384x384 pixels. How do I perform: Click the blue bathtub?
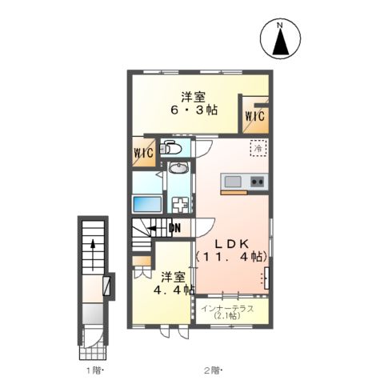[x=148, y=201]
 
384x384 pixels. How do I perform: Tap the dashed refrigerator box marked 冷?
[x=258, y=148]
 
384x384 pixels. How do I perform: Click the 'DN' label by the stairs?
[x=174, y=227]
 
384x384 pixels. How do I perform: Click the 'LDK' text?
[x=231, y=242]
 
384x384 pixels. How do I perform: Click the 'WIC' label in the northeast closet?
[x=255, y=117]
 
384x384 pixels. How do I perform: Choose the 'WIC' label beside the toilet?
[x=144, y=152]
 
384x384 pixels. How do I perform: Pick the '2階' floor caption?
[x=210, y=371]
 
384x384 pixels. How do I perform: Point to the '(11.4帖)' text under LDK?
[x=231, y=257]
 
